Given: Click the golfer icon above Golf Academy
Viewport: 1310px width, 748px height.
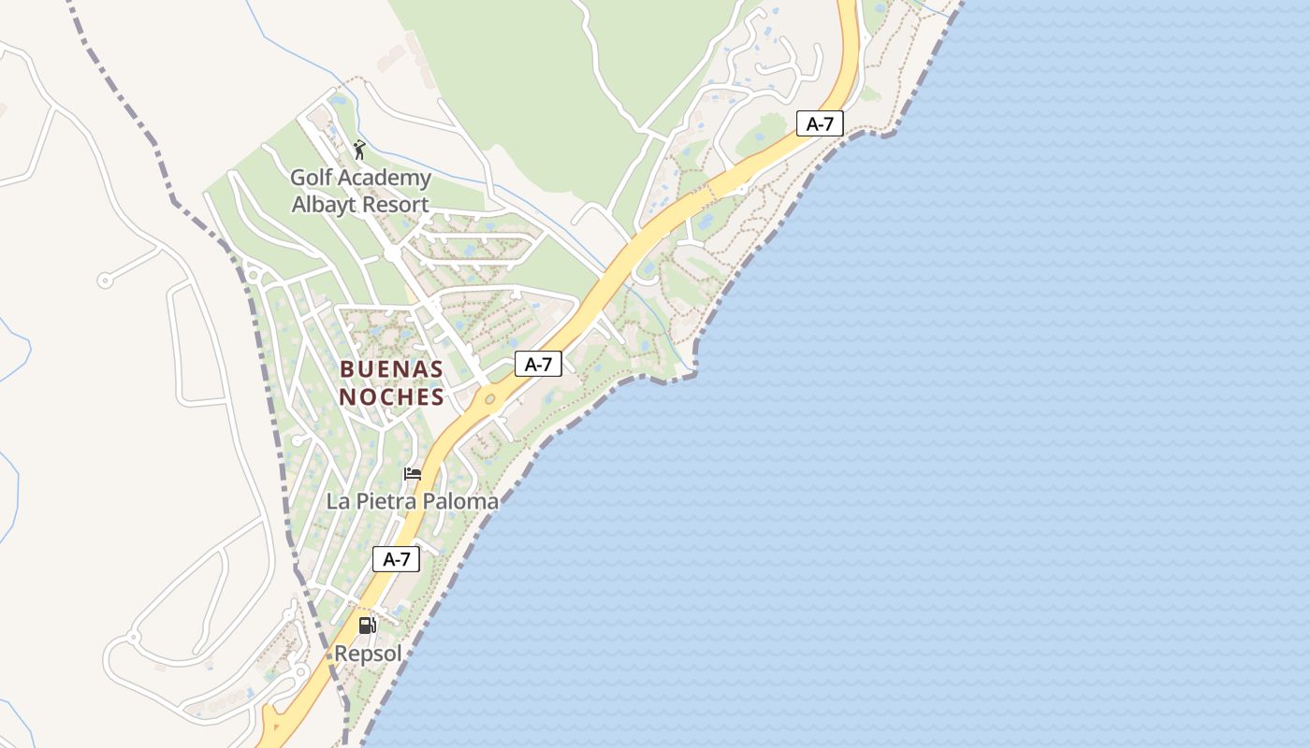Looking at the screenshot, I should point(359,150).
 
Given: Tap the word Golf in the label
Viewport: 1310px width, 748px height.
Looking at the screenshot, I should point(313,178).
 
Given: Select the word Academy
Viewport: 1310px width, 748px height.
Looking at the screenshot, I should point(386,178).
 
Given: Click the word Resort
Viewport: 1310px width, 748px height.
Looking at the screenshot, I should point(395,205).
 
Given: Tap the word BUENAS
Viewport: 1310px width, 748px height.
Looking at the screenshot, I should point(391,368).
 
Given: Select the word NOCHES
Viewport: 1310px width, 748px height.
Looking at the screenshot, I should point(391,397).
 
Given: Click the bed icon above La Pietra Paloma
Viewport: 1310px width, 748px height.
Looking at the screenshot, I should point(413,474).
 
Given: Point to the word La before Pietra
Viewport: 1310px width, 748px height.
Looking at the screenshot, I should point(337,501).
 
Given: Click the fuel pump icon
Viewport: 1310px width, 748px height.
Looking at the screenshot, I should point(368,626).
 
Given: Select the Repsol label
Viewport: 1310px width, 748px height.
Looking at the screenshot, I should point(368,654).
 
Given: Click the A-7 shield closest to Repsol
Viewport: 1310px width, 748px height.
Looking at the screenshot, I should point(396,559).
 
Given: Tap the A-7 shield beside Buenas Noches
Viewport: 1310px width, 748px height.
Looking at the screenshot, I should point(538,365).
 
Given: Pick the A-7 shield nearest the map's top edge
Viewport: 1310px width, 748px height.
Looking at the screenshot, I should point(820,123).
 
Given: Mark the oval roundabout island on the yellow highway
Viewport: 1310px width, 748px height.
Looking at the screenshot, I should point(489,399).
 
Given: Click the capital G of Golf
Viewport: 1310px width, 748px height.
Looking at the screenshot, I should point(298,178).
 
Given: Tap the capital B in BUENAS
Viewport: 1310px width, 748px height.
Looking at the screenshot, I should point(347,368).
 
